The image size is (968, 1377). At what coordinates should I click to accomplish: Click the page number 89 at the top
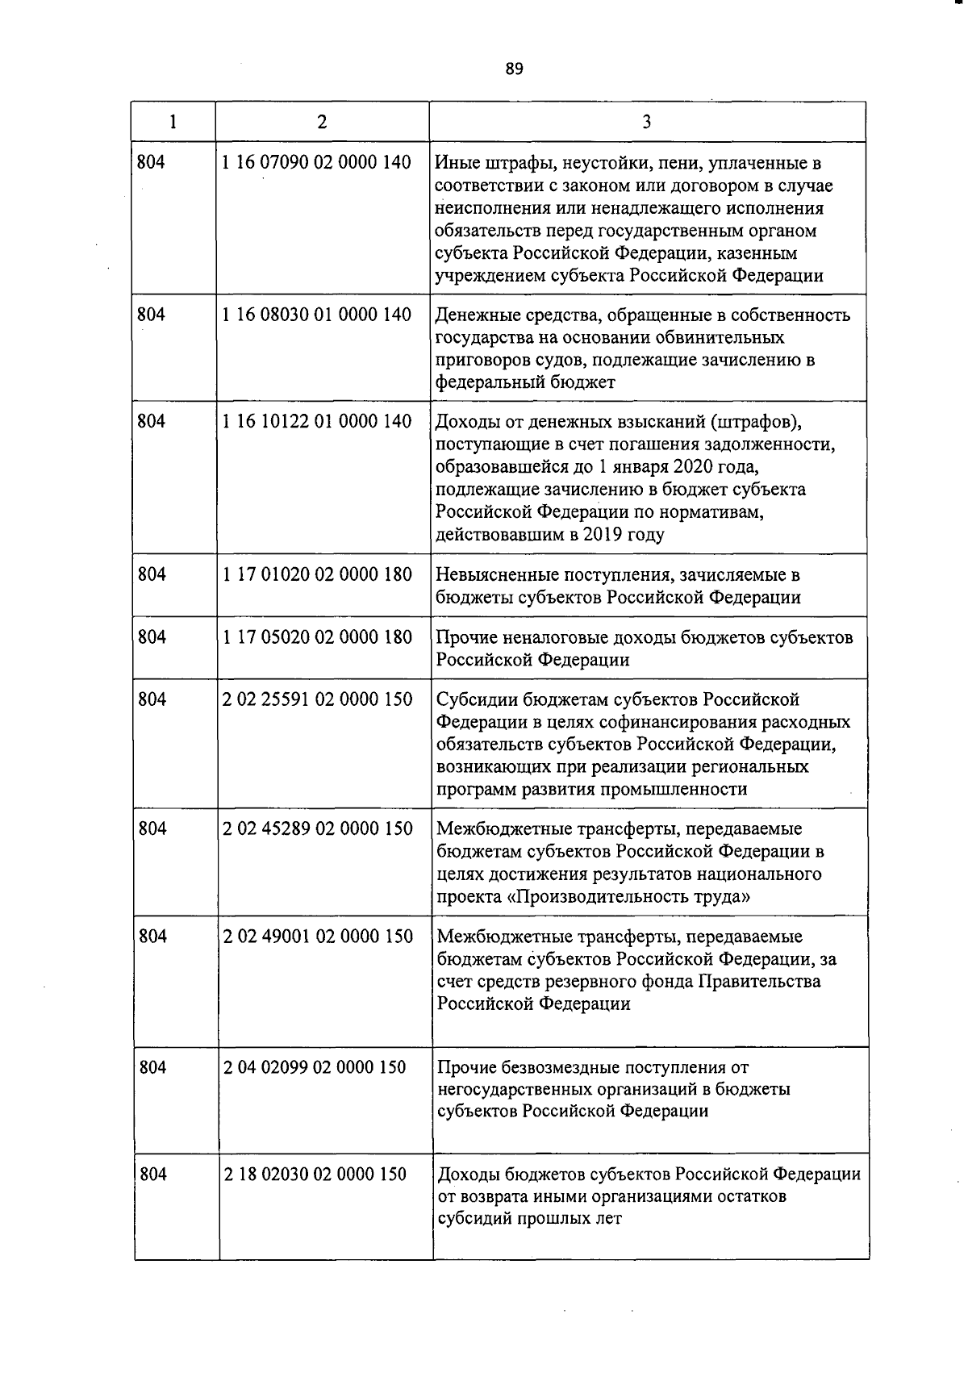click(515, 69)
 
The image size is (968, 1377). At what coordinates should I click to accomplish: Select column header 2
click(322, 122)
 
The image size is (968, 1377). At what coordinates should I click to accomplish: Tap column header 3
click(647, 122)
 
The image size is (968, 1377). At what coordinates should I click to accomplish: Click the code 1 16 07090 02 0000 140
click(316, 163)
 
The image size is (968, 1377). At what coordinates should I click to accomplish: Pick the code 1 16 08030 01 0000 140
click(316, 315)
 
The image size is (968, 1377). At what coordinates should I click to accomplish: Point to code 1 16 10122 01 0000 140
click(316, 421)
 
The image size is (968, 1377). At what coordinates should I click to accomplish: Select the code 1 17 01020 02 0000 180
click(316, 574)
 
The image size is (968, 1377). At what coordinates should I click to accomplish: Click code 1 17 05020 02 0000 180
click(316, 637)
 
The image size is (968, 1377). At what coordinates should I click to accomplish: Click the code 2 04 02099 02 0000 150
click(315, 1067)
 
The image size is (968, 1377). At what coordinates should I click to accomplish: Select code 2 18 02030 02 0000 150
click(315, 1175)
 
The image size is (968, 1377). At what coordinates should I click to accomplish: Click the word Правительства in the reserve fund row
click(759, 982)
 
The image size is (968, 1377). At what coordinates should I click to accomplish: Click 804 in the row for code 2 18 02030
click(152, 1175)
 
